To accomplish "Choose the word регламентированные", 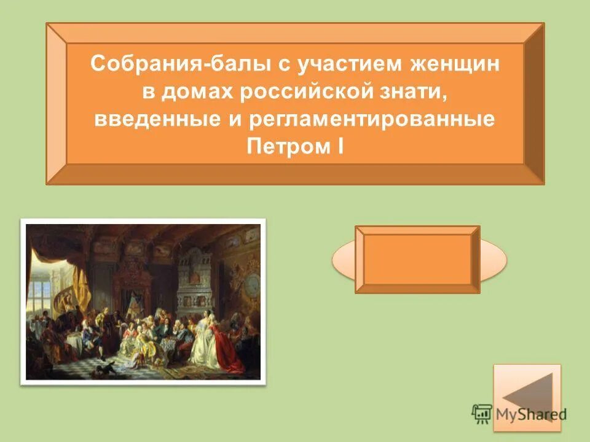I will coord(371,120).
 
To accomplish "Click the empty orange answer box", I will coord(417,259).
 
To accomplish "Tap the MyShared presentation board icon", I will coord(481,414).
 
